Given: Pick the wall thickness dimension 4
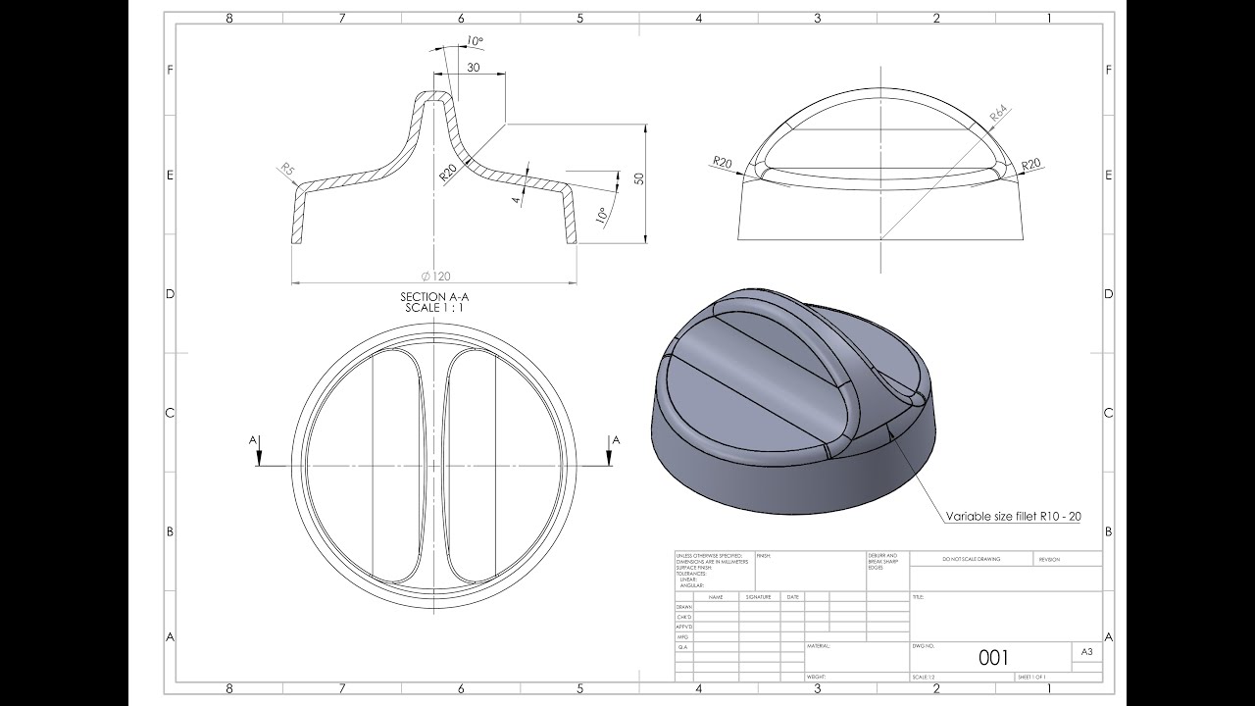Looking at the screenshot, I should (515, 199).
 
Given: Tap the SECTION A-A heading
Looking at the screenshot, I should (436, 297).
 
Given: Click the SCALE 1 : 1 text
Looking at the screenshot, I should (436, 308).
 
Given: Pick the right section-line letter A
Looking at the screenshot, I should (616, 441).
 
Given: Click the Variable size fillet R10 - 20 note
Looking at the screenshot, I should (1013, 516).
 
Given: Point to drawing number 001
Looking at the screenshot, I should (993, 657).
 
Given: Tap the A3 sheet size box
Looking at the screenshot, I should (1086, 651).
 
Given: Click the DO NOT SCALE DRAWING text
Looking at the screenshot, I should (971, 559).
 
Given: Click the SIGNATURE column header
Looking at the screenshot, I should (758, 596).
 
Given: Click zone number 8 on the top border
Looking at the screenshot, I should (228, 17).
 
